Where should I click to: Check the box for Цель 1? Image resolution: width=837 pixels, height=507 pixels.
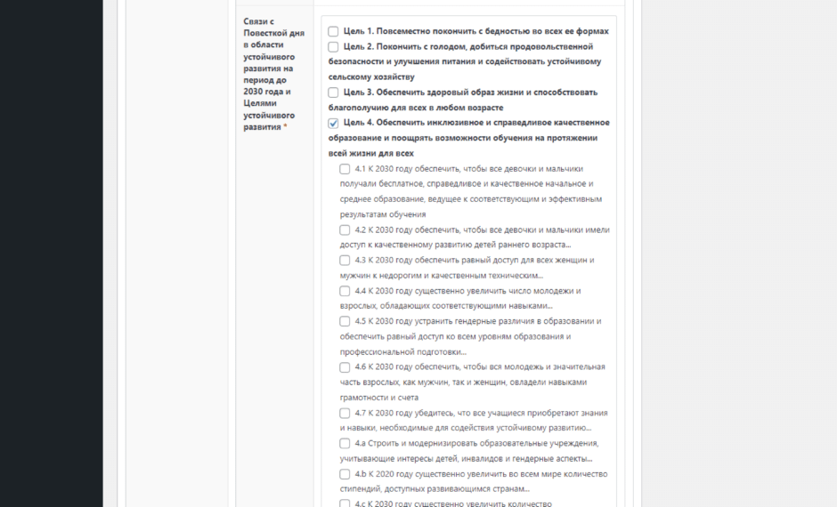pos(333,31)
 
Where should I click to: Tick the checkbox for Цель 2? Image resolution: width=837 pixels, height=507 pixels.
pos(333,46)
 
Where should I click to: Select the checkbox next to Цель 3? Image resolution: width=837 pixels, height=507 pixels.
pos(333,93)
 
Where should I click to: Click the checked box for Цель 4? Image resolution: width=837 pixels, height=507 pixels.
pos(333,123)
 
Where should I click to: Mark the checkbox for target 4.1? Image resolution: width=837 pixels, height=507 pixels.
pos(345,169)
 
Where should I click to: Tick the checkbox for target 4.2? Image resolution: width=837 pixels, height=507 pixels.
pos(345,229)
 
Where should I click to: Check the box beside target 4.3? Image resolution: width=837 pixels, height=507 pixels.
pos(345,261)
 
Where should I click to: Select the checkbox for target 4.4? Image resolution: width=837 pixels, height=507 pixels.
pos(345,291)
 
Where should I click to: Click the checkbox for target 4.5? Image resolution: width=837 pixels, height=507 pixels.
pos(345,321)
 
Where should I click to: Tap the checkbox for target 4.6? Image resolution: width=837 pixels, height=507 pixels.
pos(345,367)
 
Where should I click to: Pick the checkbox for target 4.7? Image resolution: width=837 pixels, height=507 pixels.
pos(345,413)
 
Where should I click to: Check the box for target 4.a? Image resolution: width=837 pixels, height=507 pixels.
pos(345,443)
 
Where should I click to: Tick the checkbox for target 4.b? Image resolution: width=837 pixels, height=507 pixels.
pos(345,474)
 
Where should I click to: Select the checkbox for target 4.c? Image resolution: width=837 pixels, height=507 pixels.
pos(345,503)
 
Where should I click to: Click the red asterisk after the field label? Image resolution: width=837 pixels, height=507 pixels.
pos(285,127)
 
